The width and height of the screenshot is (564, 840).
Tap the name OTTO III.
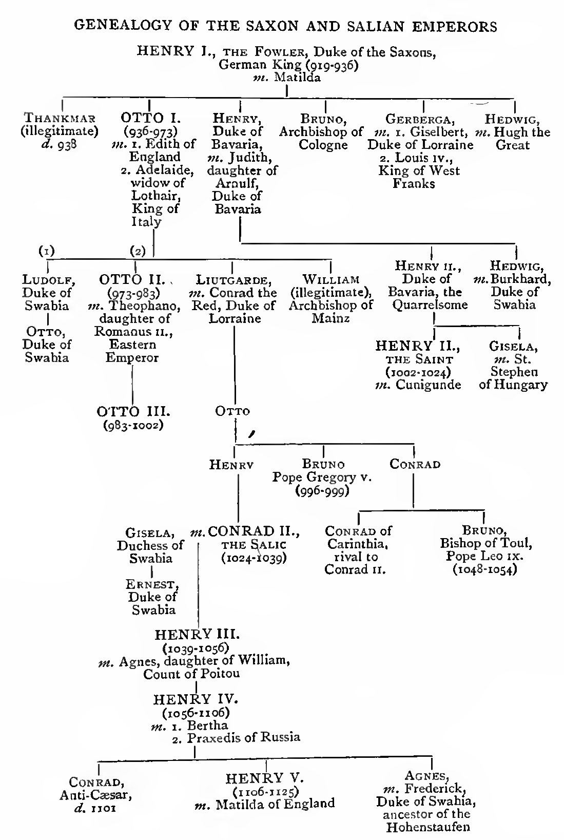[x=133, y=412]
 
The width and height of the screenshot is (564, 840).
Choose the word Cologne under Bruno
[x=323, y=145]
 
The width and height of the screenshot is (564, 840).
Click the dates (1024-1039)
[x=254, y=557]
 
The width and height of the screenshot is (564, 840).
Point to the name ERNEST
[x=152, y=584]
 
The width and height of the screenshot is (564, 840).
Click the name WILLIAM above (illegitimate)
[x=330, y=280]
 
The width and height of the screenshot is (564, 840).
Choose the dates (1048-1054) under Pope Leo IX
[x=484, y=570]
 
